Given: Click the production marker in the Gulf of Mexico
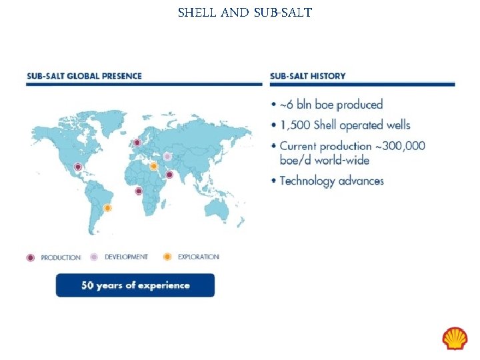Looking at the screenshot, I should (78, 167).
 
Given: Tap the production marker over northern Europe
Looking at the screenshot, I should (137, 142).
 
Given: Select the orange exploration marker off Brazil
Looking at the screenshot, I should (107, 208).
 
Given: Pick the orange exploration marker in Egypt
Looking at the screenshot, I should (153, 166).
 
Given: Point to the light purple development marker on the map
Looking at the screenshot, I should (167, 157).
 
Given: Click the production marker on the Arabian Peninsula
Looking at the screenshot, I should (169, 175).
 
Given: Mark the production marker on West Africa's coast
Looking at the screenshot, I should (139, 191).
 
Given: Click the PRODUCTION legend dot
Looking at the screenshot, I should (31, 257).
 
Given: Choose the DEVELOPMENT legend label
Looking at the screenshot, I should (126, 257).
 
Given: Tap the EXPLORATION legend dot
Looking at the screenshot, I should (167, 257).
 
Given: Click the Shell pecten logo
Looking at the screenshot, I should (455, 338).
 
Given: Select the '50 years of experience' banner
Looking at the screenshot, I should (135, 285).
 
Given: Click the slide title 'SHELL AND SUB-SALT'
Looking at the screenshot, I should (245, 12).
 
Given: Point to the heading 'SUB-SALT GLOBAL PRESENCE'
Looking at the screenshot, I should (84, 76).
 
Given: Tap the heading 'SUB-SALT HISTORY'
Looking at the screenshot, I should (307, 76).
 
